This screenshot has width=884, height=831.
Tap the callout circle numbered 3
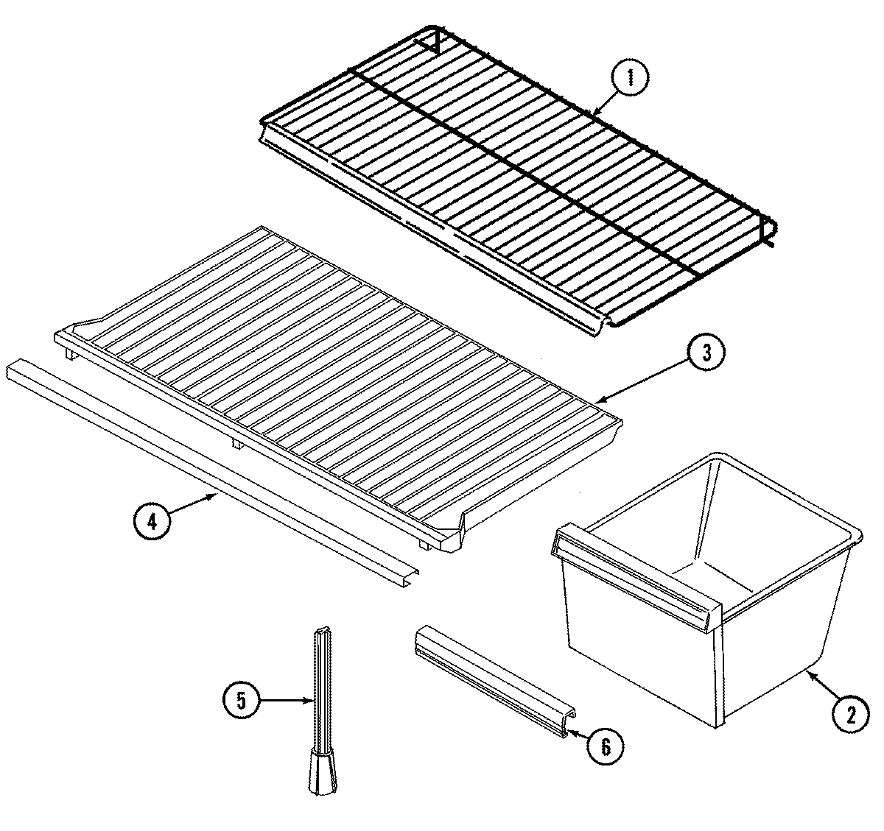pyautogui.click(x=706, y=354)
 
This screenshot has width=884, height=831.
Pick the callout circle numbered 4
pyautogui.click(x=152, y=522)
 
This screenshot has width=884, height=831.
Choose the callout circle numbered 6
pyautogui.click(x=605, y=746)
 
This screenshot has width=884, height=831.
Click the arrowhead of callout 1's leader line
pyautogui.click(x=592, y=114)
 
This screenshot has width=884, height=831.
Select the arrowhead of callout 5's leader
pyautogui.click(x=312, y=701)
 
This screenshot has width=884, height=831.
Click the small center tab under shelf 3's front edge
pyautogui.click(x=234, y=443)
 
